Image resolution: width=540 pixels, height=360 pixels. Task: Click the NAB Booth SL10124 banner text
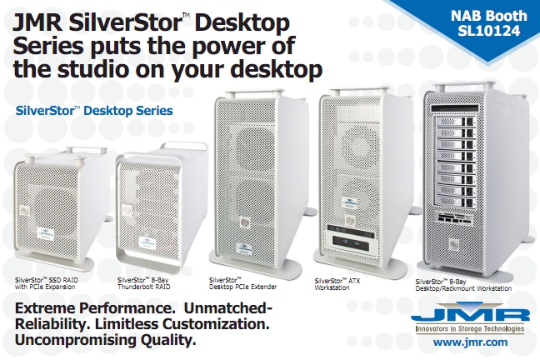click(488, 23)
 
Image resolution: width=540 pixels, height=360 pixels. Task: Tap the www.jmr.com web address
click(470, 342)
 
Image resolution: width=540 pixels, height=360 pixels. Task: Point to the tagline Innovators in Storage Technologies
click(470, 328)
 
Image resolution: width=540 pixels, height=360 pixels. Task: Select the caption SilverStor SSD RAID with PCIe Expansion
click(47, 283)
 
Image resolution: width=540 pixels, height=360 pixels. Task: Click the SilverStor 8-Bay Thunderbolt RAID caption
click(144, 283)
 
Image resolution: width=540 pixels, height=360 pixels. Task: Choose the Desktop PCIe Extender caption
click(242, 283)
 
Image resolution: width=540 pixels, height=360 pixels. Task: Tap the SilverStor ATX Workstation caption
click(337, 284)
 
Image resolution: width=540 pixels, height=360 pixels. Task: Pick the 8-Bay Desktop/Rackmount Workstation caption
click(463, 285)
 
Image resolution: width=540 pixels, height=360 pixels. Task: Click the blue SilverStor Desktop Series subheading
click(94, 111)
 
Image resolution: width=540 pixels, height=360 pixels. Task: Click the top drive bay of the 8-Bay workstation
click(456, 122)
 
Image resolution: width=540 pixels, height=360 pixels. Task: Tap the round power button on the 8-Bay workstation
click(454, 245)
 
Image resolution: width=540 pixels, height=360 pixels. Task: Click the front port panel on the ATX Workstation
click(351, 243)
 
